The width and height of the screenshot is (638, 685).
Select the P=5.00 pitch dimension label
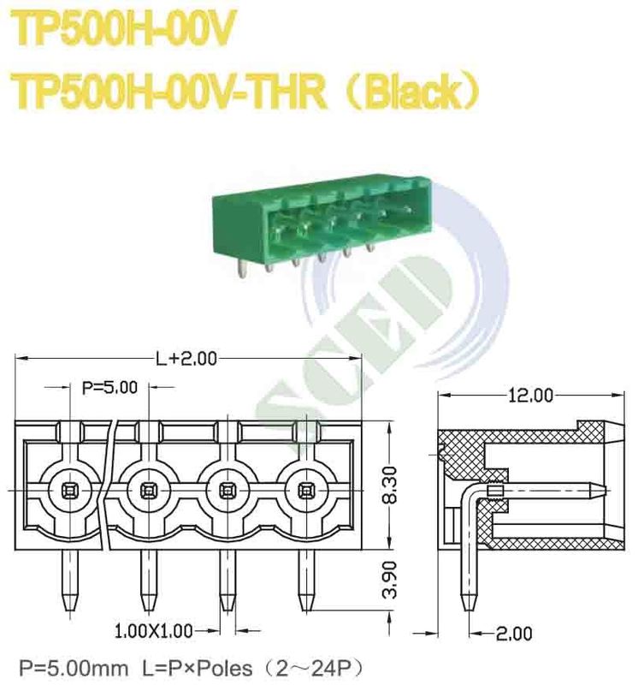click(109, 388)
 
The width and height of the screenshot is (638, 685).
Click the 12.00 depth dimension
click(531, 395)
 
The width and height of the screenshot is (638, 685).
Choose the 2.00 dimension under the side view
click(513, 634)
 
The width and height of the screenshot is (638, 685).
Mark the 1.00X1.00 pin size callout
click(153, 632)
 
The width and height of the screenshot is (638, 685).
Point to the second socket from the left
click(147, 490)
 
